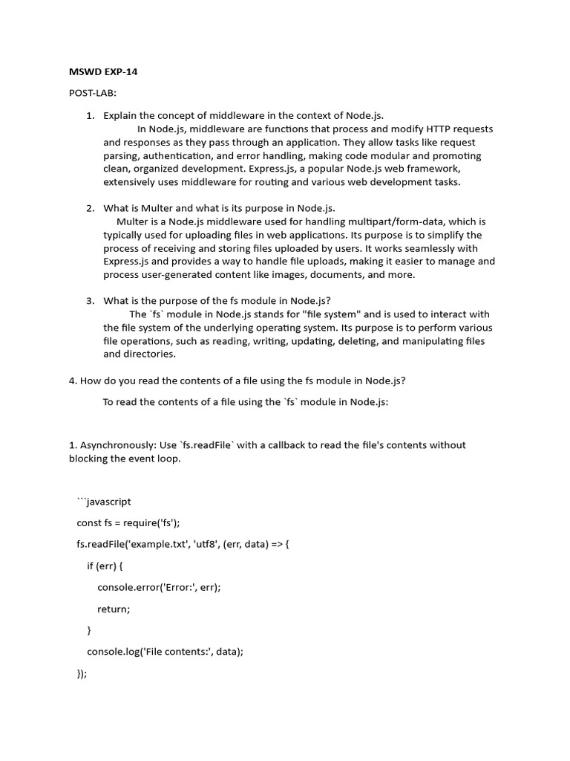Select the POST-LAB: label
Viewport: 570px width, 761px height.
coord(89,94)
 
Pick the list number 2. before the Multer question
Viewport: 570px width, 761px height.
coord(90,208)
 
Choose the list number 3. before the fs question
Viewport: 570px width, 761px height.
coord(90,301)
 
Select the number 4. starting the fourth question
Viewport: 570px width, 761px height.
coord(73,381)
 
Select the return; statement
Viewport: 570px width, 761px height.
coord(114,609)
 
